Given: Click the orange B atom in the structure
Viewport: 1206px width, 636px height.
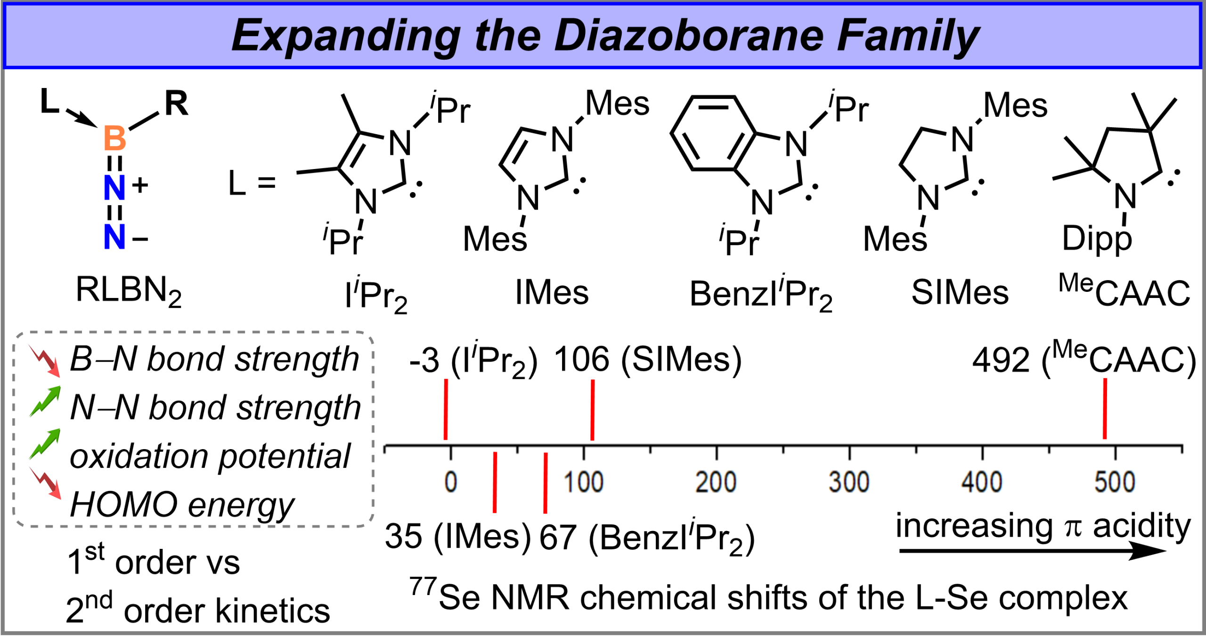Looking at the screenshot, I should (x=114, y=138).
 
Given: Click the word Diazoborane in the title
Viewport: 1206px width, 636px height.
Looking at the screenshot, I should (x=688, y=36).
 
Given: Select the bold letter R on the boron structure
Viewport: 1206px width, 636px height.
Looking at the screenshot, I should (x=176, y=104).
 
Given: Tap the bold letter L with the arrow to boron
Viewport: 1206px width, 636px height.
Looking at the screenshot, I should (x=49, y=101).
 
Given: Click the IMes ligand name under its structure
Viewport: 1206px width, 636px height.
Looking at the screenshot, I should (x=552, y=292).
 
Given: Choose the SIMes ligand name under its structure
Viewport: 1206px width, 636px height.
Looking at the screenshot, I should (x=960, y=292).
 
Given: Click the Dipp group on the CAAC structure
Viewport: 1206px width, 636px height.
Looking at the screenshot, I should (x=1096, y=239).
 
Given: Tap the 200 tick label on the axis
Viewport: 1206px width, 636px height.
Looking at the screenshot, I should (x=716, y=482).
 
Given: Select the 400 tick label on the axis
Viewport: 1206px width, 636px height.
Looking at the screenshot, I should (x=982, y=482).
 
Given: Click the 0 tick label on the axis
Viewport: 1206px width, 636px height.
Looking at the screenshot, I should (x=451, y=482).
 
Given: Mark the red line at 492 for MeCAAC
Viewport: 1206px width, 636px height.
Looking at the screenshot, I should (x=1105, y=409).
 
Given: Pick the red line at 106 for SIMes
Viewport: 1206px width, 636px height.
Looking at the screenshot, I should (x=592, y=410).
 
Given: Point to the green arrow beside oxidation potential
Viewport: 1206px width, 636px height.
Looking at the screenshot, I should (x=45, y=444).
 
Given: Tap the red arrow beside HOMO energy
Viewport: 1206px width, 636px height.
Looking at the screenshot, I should (x=45, y=483).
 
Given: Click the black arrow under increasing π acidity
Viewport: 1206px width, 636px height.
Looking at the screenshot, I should (x=1032, y=551).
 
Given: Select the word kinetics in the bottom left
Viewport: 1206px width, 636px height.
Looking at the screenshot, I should (x=273, y=611).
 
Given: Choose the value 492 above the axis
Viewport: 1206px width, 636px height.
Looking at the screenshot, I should (x=1000, y=360).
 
